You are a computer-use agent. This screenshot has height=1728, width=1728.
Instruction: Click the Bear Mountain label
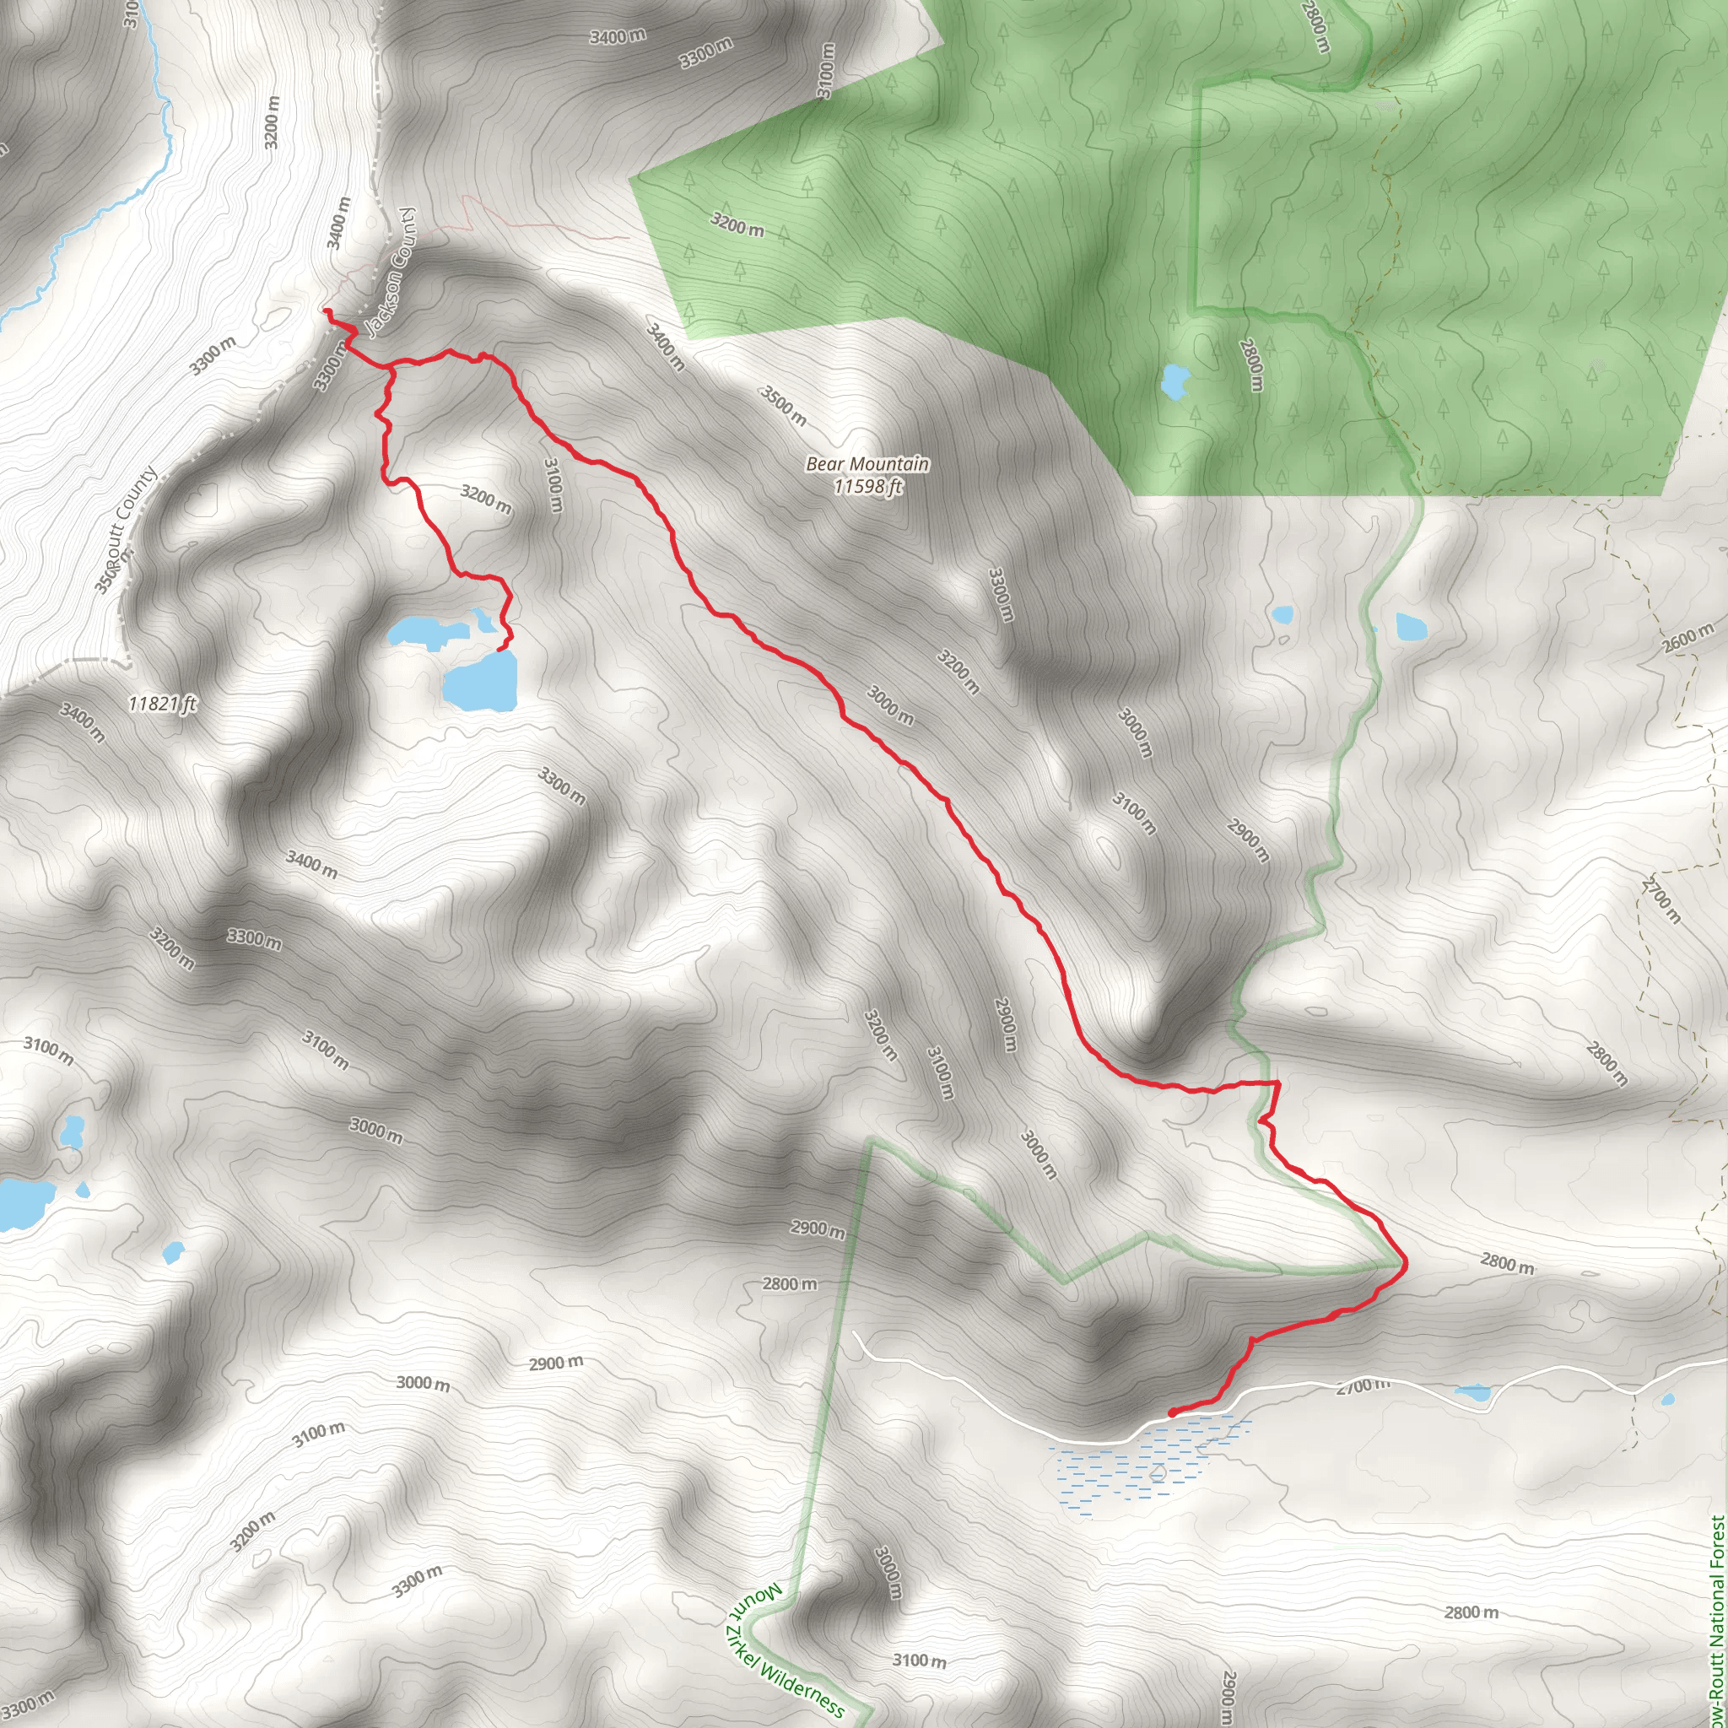tap(867, 463)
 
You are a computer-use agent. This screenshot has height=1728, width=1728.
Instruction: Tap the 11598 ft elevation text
tap(867, 486)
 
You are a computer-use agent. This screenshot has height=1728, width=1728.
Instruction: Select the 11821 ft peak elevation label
tap(162, 704)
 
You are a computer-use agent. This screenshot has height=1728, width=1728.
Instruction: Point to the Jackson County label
tap(391, 273)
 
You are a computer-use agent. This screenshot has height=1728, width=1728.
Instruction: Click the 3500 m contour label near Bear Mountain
tap(784, 405)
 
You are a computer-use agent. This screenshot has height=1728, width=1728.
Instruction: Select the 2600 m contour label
tap(1687, 639)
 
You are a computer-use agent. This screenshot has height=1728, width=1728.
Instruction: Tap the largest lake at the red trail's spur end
tap(480, 682)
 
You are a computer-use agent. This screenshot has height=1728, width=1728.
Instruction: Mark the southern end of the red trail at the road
tap(1172, 1413)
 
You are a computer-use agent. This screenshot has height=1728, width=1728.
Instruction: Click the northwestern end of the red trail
tap(327, 311)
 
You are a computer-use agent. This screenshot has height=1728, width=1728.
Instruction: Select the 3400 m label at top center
tap(617, 36)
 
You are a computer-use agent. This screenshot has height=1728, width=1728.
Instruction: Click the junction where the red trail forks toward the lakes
tap(391, 367)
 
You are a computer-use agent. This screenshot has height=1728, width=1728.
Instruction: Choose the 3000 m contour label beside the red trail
tap(890, 705)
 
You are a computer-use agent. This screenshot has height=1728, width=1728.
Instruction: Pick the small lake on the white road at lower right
tap(1471, 1392)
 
